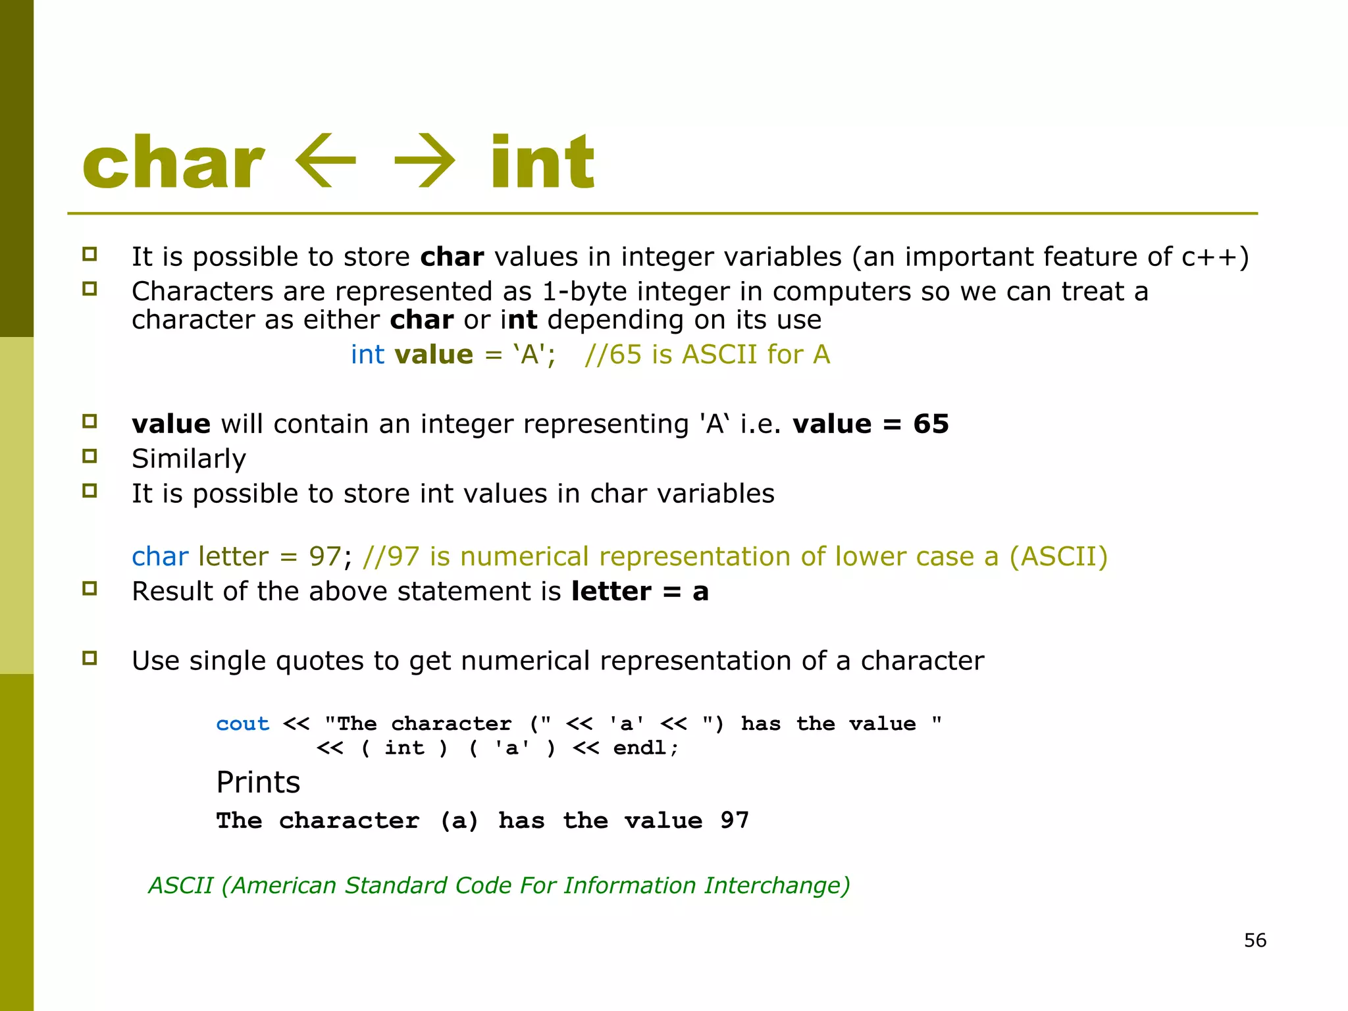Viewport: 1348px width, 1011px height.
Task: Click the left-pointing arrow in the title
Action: pos(325,162)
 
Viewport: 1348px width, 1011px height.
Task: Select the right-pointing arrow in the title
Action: pos(425,162)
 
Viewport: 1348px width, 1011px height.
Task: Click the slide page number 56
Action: pos(1255,940)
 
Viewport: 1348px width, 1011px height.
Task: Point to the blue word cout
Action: pos(243,724)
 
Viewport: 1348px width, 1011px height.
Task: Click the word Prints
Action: pos(258,783)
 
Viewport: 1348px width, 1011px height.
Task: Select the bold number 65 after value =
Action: pos(931,424)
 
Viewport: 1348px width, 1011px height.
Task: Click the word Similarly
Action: pos(189,459)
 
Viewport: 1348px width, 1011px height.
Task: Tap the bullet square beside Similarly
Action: pos(90,455)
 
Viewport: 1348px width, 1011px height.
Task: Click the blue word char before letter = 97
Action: pos(160,557)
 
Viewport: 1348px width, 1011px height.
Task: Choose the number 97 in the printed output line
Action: pos(735,821)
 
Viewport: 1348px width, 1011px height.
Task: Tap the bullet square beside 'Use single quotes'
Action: pos(90,658)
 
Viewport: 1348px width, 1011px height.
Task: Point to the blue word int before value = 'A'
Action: pos(367,355)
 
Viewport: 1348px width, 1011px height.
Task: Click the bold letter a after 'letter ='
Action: pos(700,592)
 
